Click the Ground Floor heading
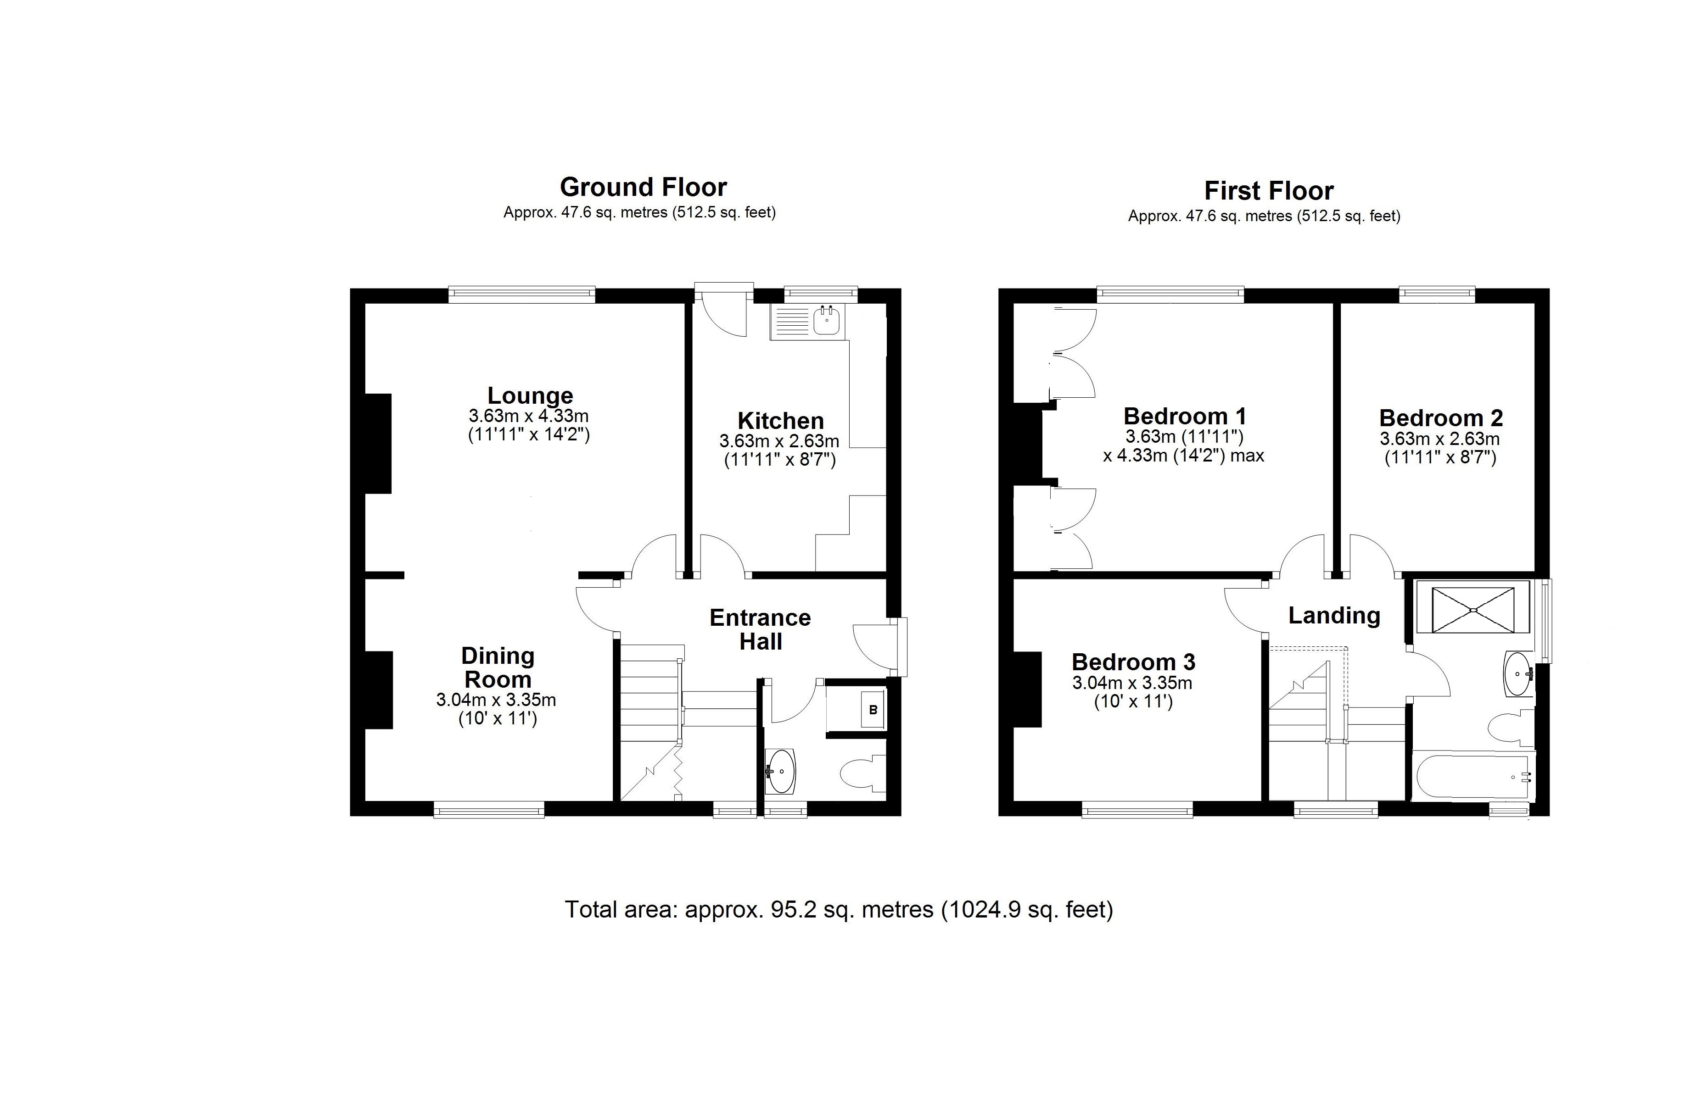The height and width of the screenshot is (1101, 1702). [643, 187]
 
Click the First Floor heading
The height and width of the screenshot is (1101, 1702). [1269, 191]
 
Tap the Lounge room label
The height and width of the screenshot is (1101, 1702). [530, 395]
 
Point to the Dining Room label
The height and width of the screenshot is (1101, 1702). [498, 667]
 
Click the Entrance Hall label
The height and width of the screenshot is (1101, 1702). [760, 629]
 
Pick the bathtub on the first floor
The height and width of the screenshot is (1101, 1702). [1473, 777]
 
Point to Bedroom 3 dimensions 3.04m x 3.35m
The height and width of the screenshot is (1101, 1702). [1132, 683]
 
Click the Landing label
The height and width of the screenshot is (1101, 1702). [1334, 616]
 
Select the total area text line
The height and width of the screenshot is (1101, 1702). [839, 909]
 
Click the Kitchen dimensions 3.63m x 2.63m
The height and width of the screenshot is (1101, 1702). [779, 441]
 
